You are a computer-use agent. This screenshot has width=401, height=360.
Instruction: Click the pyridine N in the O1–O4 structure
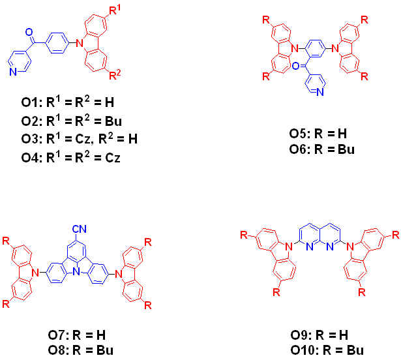12,72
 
